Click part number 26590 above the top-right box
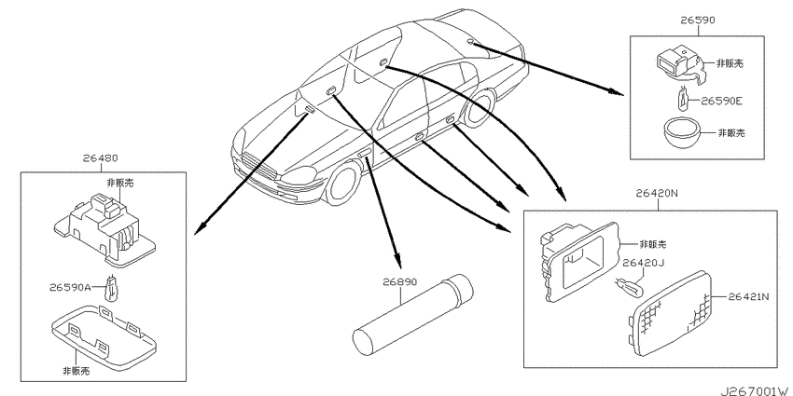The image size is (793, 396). tap(698, 20)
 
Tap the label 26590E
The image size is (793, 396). tap(721, 101)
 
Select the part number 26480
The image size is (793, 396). tap(100, 158)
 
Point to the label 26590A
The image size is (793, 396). tap(70, 287)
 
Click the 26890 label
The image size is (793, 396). tap(400, 281)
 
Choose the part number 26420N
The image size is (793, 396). tap(657, 194)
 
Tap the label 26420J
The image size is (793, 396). tap(642, 263)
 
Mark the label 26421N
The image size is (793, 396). tap(748, 297)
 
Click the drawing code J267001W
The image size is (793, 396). tap(755, 391)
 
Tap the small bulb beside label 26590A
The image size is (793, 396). tap(110, 287)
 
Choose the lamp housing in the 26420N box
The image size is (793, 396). tap(581, 261)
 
